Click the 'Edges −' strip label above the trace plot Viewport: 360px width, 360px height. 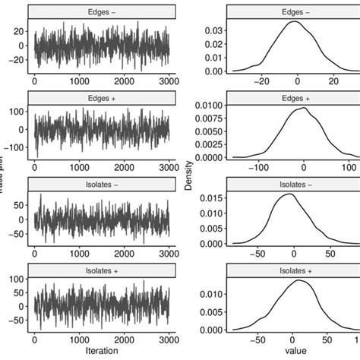click(101, 11)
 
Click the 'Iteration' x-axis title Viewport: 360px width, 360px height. click(101, 352)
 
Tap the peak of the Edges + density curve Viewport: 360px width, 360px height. click(304, 108)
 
